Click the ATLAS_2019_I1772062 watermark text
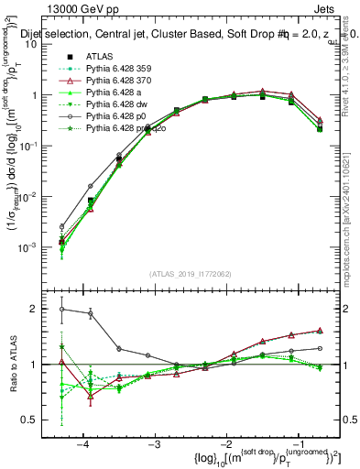pyautogui.click(x=190, y=273)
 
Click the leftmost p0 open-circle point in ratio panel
pyautogui.click(x=61, y=309)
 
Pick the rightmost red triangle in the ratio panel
pyautogui.click(x=319, y=331)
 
